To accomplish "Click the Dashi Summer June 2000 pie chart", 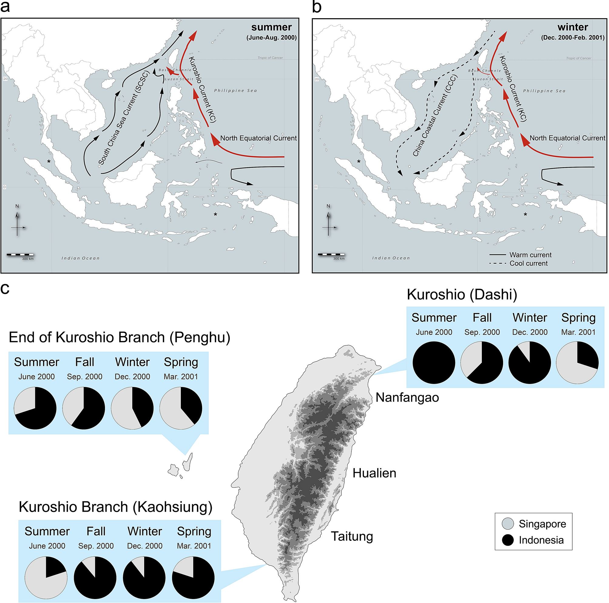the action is [434, 363].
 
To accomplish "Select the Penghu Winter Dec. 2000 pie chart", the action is [132, 408].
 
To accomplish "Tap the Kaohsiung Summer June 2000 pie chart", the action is [46, 578].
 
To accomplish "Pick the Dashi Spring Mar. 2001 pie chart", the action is [577, 363].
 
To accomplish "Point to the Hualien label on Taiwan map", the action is [374, 473].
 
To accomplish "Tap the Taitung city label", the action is [352, 536].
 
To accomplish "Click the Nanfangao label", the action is [407, 398].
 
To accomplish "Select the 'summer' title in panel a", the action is [271, 27].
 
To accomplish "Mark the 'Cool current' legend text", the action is [529, 263].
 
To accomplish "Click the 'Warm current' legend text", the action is [530, 255].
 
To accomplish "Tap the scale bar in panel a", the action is [20, 254].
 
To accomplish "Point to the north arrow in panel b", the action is [328, 222].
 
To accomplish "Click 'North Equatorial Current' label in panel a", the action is [259, 138].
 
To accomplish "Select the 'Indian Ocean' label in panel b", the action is [391, 258].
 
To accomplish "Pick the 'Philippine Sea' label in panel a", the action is [235, 91].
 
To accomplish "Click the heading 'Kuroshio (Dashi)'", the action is [462, 295].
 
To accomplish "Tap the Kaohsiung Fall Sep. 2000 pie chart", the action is [95, 578].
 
